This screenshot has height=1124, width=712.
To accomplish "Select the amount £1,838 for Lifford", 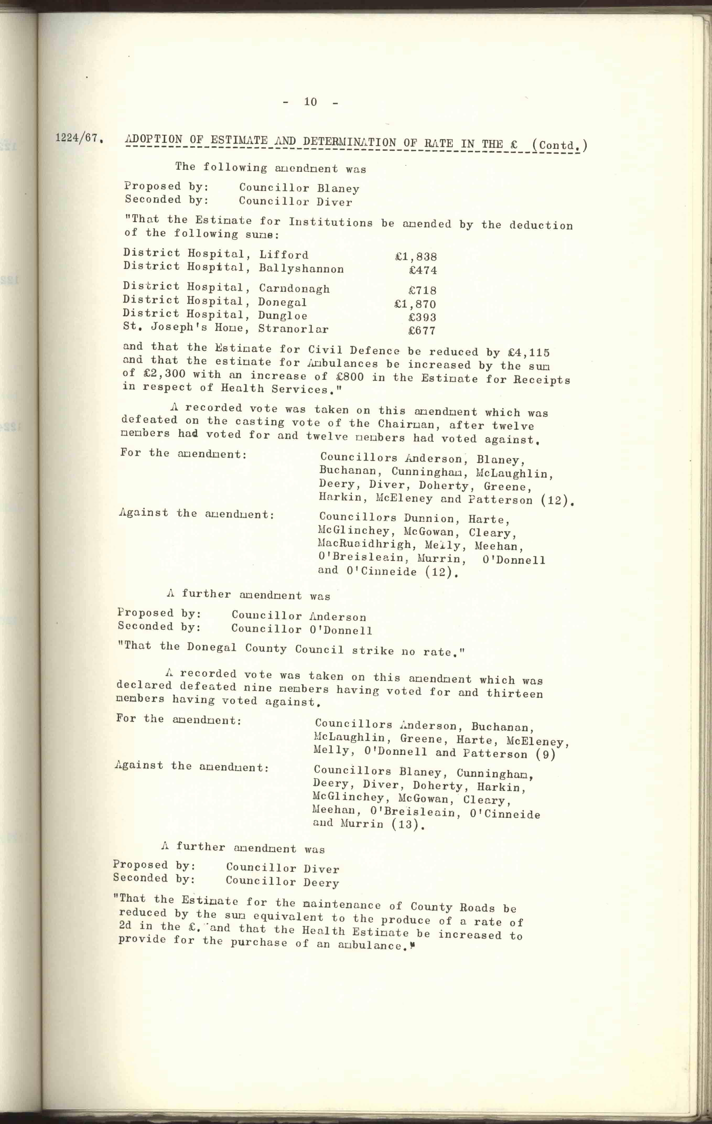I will tap(416, 256).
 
